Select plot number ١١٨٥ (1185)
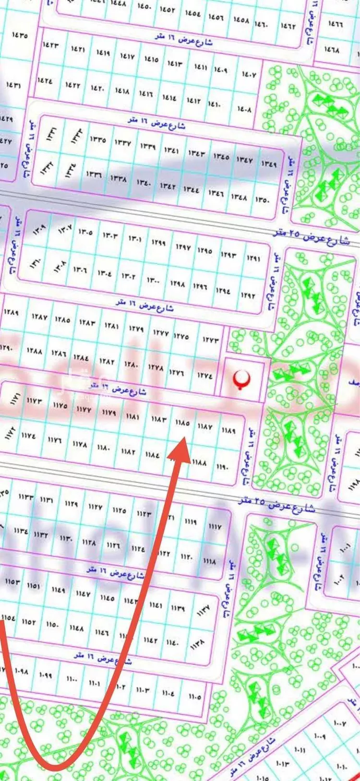click(182, 423)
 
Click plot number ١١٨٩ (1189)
click(228, 430)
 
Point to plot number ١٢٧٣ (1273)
click(211, 340)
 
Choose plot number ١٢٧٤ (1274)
click(204, 376)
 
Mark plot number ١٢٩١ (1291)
click(253, 258)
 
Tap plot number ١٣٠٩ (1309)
click(39, 230)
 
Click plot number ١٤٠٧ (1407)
click(249, 74)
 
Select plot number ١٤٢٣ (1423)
click(50, 45)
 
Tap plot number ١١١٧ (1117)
click(215, 526)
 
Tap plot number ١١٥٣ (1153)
click(13, 581)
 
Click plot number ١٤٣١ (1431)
click(13, 85)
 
